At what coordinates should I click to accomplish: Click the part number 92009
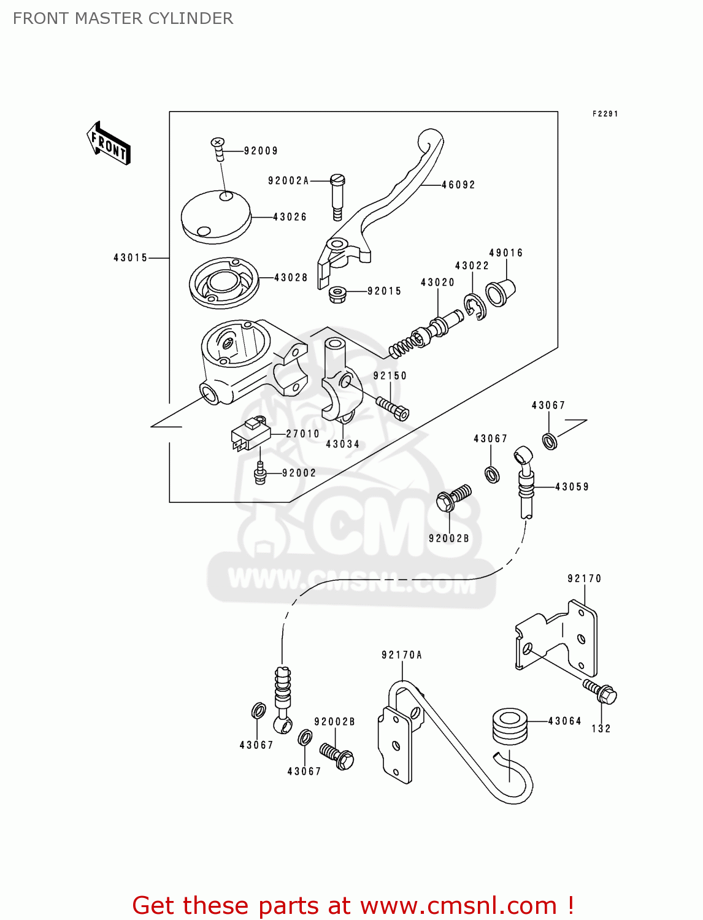[261, 151]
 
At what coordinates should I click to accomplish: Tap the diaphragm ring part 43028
[223, 283]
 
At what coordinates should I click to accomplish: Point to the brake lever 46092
[393, 196]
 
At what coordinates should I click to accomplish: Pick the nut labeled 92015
[337, 294]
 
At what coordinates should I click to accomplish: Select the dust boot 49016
[500, 293]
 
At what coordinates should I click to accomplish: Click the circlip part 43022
[474, 307]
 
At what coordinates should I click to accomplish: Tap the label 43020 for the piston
[437, 282]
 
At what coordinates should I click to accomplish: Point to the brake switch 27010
[250, 435]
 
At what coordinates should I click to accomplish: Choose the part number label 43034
[342, 444]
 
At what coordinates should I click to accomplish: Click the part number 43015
[131, 258]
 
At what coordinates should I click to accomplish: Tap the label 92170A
[402, 655]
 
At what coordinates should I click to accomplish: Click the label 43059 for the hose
[572, 487]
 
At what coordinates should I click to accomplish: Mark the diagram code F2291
[605, 113]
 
